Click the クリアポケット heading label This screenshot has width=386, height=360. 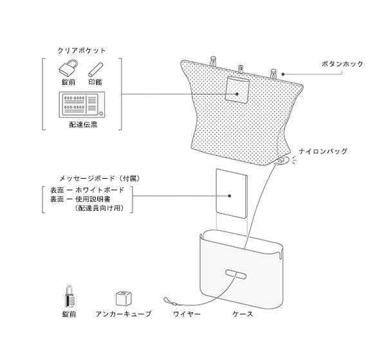(x=82, y=50)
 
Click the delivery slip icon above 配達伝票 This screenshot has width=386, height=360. (x=82, y=105)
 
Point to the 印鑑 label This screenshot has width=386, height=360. (x=96, y=83)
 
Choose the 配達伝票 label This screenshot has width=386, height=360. (x=82, y=125)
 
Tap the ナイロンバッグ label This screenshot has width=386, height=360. (x=326, y=152)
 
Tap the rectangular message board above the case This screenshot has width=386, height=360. (x=231, y=192)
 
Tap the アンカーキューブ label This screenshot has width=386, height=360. (x=123, y=314)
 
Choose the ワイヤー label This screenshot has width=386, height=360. (x=187, y=314)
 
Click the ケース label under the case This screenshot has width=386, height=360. (x=242, y=314)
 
